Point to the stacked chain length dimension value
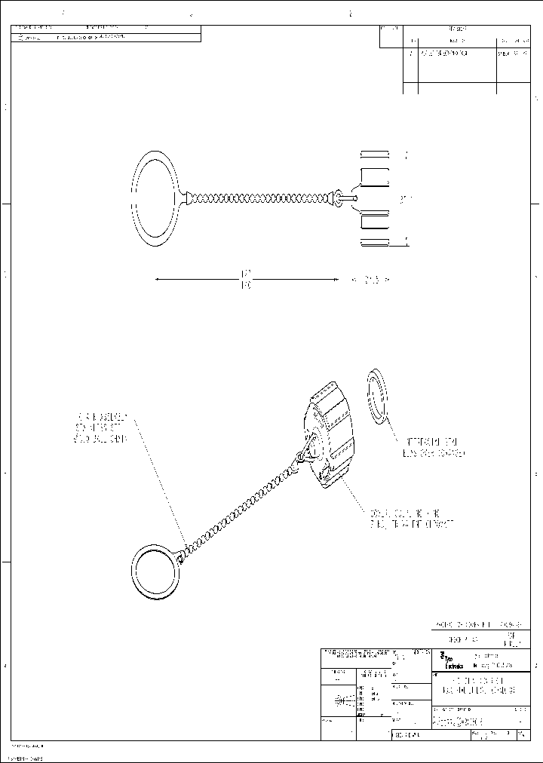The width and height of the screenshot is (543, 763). click(x=246, y=279)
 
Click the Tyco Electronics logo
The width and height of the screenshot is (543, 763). click(x=447, y=661)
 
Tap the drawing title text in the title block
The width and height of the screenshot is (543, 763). click(x=474, y=686)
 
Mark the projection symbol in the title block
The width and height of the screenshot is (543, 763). click(x=340, y=700)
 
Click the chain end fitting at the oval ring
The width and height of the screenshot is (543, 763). click(x=186, y=198)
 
